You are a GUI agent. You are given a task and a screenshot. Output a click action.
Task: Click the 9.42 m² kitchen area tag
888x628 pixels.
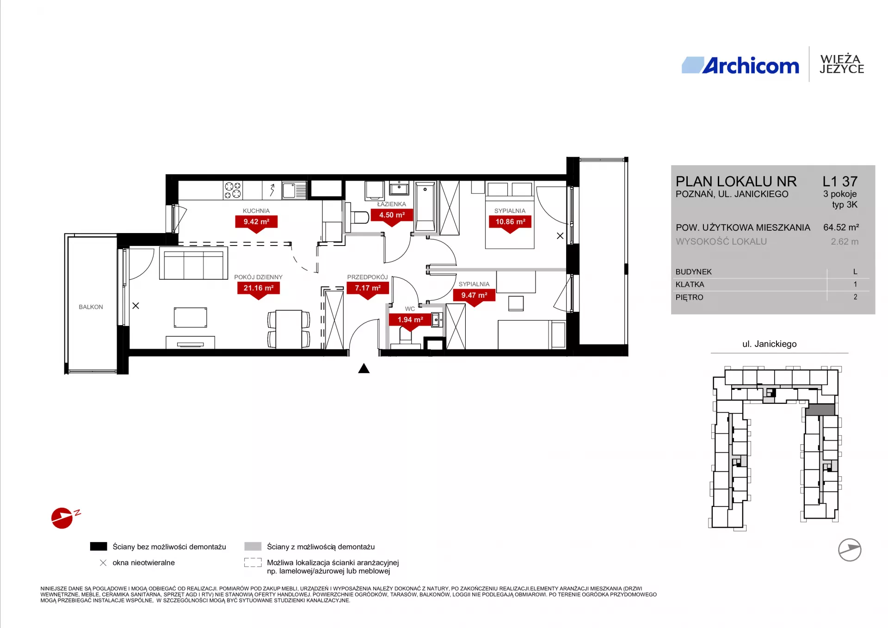(256, 222)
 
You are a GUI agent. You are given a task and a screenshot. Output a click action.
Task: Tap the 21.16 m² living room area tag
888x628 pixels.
(259, 288)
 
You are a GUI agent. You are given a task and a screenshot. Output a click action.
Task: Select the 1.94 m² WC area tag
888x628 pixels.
(410, 320)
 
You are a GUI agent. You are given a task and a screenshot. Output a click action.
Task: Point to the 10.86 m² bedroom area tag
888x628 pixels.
(510, 222)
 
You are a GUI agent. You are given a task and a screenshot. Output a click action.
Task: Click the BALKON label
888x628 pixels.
(91, 307)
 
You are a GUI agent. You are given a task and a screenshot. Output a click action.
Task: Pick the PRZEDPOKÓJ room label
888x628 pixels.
(367, 277)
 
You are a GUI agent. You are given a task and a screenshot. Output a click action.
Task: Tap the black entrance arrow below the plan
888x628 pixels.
(364, 368)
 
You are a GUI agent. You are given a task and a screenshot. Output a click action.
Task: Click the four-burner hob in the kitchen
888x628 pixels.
(233, 190)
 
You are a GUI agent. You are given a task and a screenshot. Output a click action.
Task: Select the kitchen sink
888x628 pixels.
(295, 190)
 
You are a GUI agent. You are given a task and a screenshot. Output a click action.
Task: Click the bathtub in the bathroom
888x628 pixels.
(425, 206)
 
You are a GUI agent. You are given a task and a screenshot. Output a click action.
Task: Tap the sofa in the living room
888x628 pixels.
(193, 263)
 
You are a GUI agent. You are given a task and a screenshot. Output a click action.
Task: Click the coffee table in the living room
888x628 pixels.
(191, 317)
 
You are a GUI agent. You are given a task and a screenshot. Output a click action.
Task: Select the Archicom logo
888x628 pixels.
(740, 66)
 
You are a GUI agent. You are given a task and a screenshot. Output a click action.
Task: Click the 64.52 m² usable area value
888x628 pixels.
(841, 228)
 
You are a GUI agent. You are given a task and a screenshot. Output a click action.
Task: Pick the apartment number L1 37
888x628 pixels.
(840, 181)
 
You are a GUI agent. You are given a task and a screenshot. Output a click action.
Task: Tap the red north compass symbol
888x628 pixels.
(62, 518)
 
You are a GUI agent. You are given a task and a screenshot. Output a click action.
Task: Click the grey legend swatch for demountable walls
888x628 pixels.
(253, 547)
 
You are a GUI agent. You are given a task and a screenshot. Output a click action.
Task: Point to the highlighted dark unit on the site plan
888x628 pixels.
(820, 410)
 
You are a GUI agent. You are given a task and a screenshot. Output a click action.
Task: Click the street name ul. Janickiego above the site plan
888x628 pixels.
(770, 344)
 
